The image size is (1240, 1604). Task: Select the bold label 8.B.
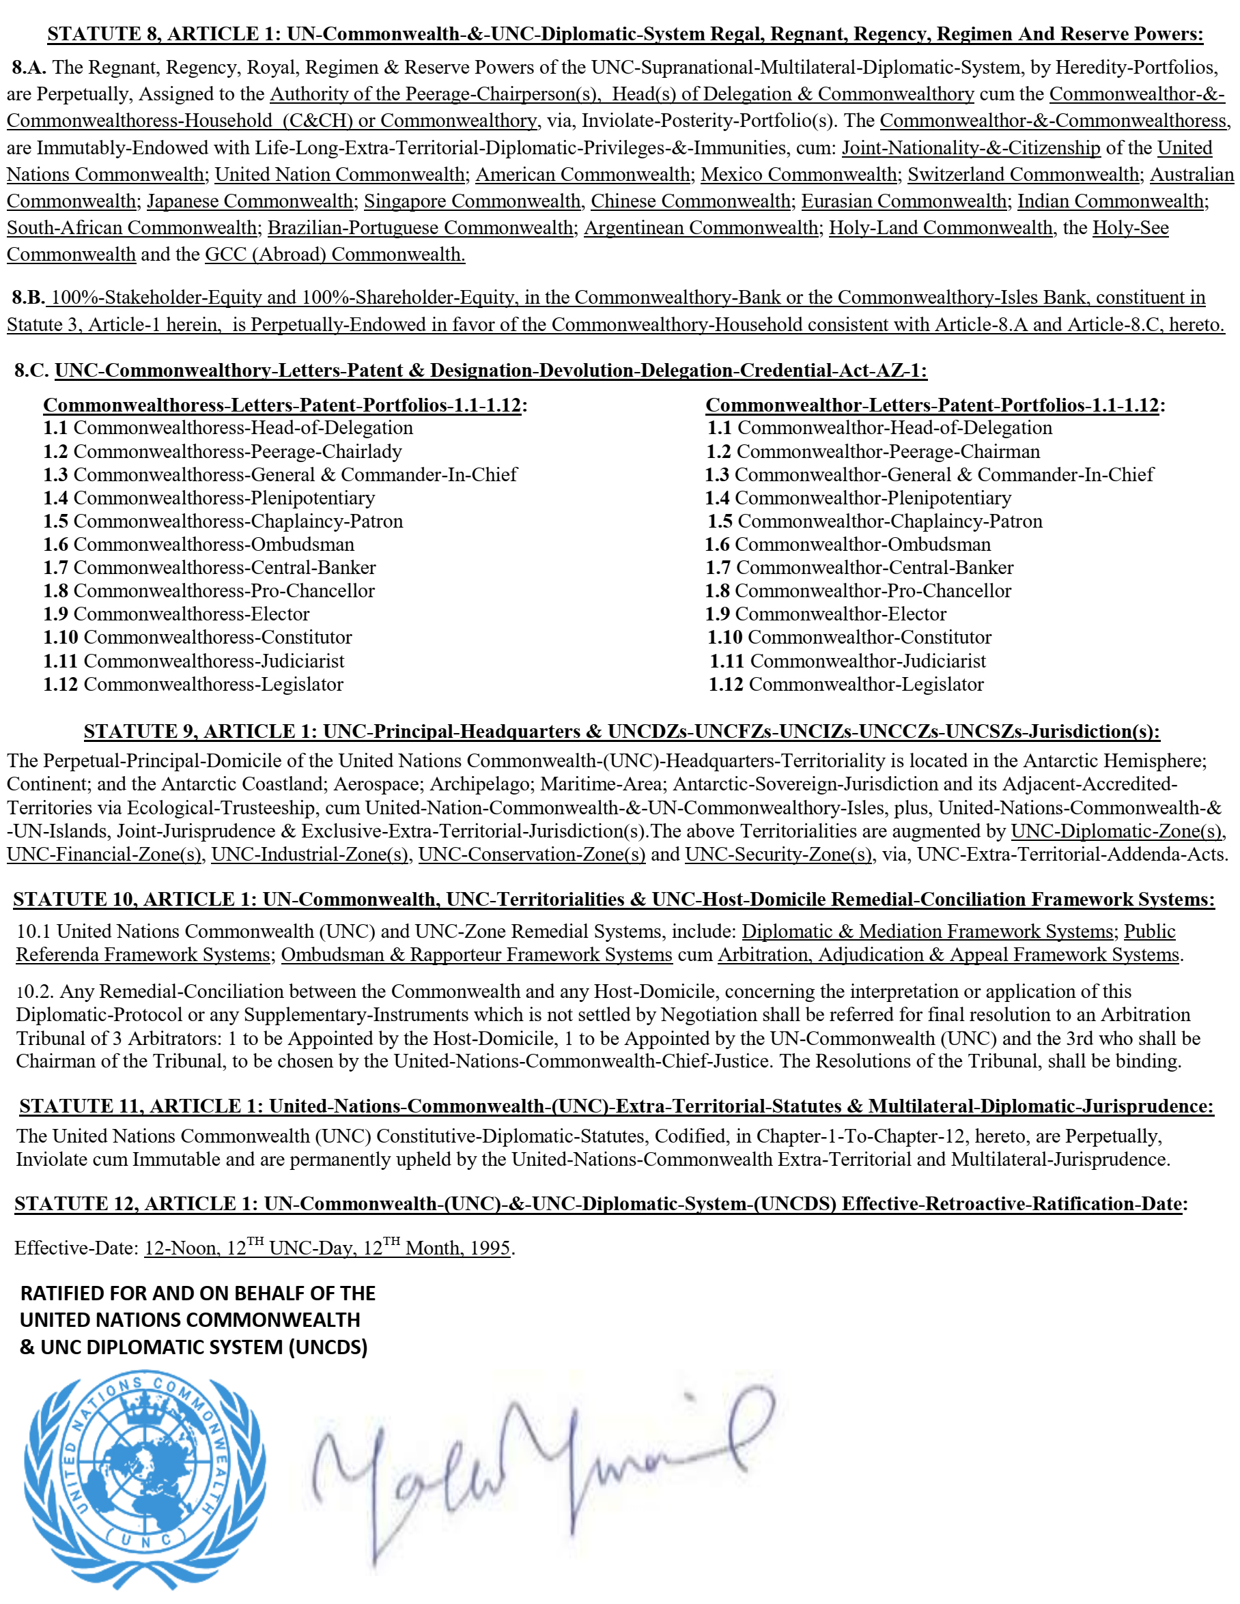click(x=28, y=298)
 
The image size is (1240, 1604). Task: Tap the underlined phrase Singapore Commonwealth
click(x=473, y=201)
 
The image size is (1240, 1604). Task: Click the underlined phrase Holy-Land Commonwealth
click(x=940, y=228)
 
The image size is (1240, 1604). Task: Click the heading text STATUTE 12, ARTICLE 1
click(x=135, y=1204)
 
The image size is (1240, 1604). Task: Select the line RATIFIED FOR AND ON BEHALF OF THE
click(x=197, y=1293)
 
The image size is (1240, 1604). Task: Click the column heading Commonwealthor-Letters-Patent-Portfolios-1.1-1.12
click(x=931, y=405)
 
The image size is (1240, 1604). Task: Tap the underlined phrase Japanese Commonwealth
click(x=251, y=201)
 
